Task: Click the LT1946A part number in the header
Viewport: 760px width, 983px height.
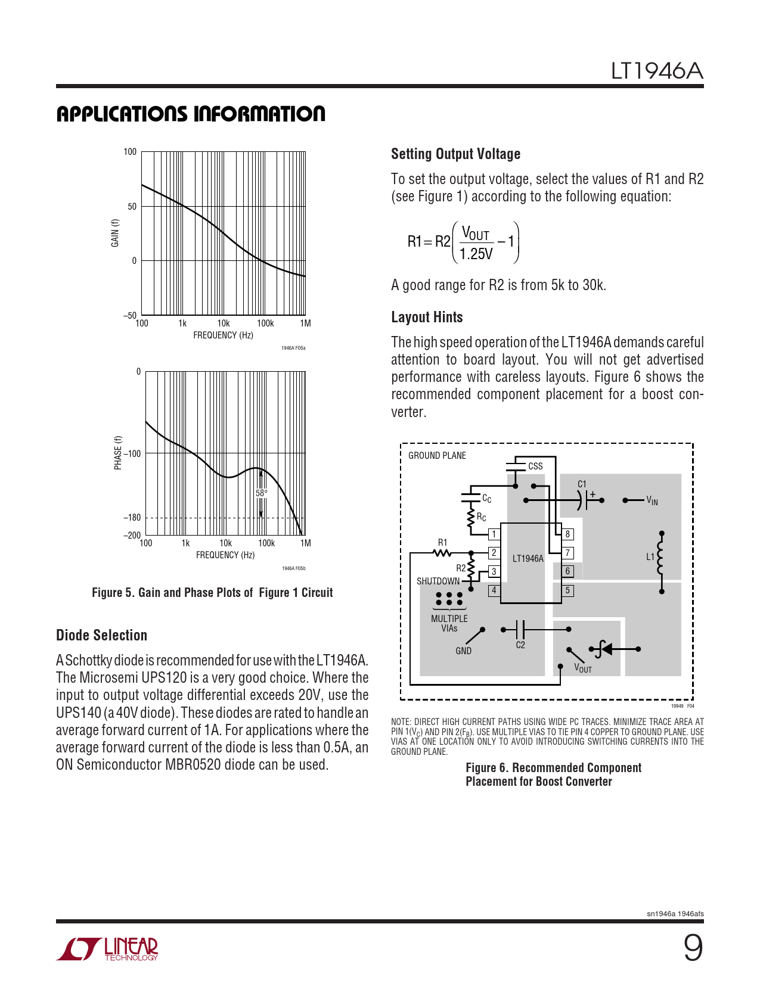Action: click(657, 71)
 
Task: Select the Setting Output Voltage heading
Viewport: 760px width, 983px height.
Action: click(455, 154)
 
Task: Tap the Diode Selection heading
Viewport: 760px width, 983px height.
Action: click(101, 635)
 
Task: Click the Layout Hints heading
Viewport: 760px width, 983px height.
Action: click(427, 317)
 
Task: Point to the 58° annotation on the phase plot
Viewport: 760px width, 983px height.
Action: click(261, 493)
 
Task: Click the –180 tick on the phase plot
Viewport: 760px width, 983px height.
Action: click(132, 518)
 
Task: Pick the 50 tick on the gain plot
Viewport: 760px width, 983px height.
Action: click(132, 207)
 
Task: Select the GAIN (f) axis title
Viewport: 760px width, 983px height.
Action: click(115, 233)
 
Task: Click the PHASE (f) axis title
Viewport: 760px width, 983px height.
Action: click(118, 453)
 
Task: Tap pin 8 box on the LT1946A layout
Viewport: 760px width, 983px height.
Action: click(567, 534)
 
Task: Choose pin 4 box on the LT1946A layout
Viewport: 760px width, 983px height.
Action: click(494, 590)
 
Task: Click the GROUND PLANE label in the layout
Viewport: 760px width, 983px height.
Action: click(437, 456)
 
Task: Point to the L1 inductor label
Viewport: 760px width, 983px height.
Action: click(650, 557)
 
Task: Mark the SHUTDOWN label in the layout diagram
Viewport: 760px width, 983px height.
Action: click(438, 581)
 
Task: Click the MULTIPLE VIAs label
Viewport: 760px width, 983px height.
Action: click(449, 623)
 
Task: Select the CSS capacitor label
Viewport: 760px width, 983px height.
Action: click(535, 466)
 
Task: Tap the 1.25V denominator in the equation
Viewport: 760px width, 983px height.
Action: click(476, 254)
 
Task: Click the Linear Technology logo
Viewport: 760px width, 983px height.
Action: click(107, 948)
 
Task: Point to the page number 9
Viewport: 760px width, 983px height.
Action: click(693, 948)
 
